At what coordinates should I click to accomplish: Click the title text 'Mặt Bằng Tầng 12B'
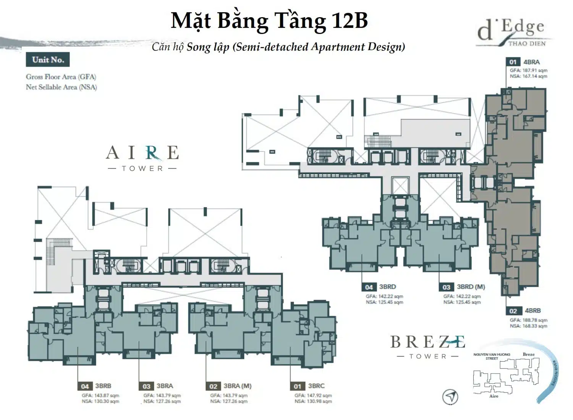(269, 21)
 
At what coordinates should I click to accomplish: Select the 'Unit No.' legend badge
(48, 60)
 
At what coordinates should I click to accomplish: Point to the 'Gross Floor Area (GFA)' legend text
(61, 77)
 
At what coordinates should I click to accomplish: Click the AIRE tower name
(142, 153)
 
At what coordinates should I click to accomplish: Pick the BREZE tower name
(427, 342)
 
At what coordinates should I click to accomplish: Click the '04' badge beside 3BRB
(84, 386)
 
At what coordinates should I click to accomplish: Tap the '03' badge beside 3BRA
(146, 386)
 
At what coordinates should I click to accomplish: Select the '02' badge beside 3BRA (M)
(213, 386)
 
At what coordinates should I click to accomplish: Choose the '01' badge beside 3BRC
(298, 386)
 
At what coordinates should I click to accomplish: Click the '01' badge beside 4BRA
(513, 62)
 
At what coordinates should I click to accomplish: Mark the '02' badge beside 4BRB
(513, 311)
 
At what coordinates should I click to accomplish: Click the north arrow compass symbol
(450, 397)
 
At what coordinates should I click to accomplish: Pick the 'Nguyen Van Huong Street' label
(492, 356)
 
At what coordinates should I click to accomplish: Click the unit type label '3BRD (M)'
(471, 287)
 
